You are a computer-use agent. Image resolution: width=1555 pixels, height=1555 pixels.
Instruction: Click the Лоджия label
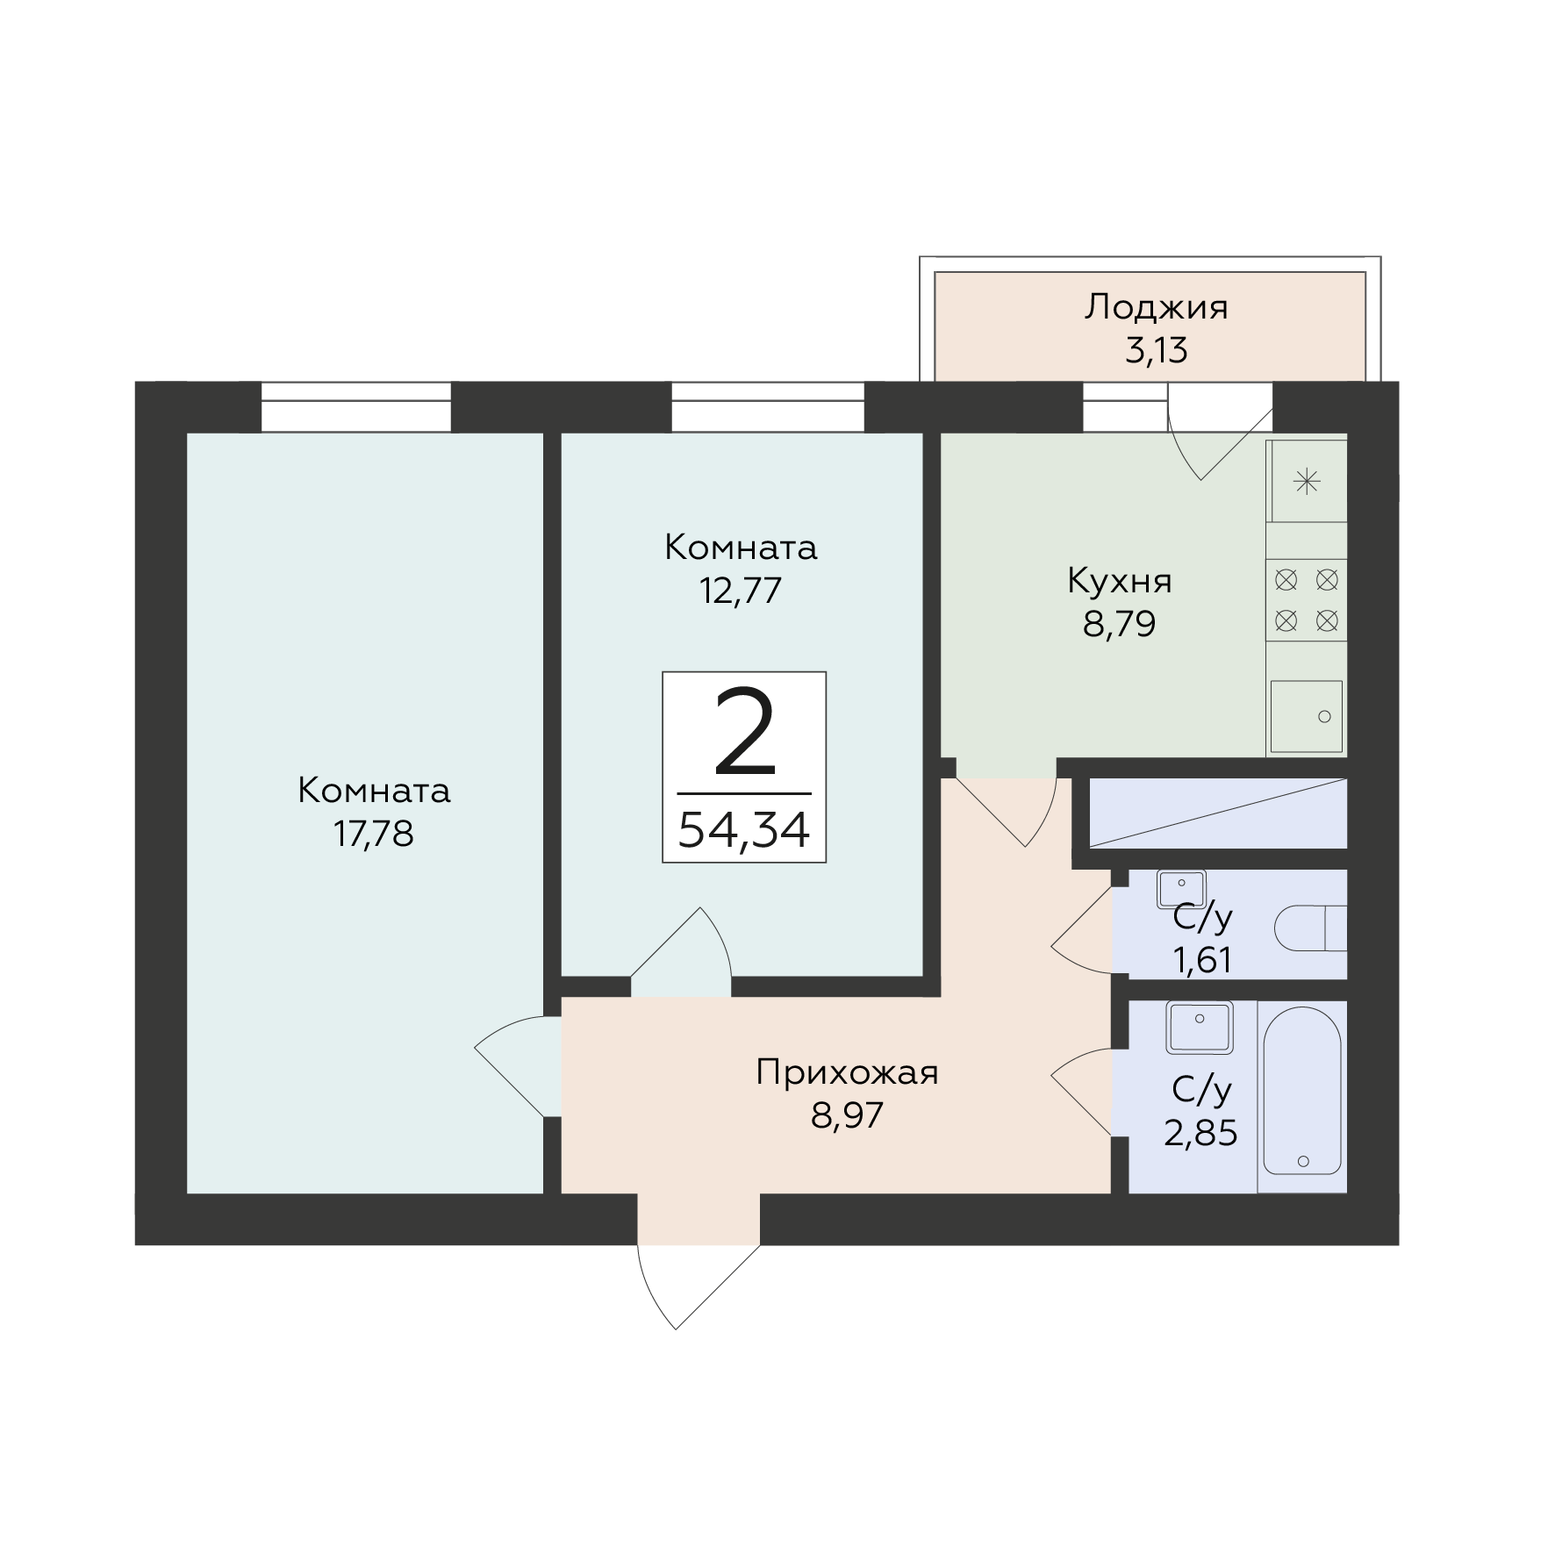coord(1156,307)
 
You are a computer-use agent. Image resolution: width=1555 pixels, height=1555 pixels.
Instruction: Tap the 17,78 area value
coord(373,834)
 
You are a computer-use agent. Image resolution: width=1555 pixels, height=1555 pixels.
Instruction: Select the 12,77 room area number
coord(740,591)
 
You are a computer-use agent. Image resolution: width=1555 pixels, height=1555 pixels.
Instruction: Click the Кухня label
coord(1119,581)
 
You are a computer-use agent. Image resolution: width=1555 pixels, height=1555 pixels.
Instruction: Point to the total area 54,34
coord(743,829)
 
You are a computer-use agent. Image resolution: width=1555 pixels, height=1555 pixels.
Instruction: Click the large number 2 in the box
coord(744,733)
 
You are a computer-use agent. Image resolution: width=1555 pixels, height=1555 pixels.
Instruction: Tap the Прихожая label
coord(847,1072)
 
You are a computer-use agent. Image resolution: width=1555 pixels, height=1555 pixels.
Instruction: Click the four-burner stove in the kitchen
coord(1306,600)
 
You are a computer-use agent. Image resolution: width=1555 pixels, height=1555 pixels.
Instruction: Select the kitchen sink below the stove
coord(1306,716)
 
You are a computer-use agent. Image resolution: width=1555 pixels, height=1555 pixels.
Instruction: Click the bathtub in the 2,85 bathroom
coord(1302,1091)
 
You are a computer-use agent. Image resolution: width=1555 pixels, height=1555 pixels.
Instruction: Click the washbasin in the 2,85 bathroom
coord(1199,1027)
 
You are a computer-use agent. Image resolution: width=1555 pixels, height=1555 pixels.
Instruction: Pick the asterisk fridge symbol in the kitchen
coord(1307,482)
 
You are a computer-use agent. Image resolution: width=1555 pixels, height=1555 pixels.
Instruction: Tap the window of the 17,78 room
coord(355,406)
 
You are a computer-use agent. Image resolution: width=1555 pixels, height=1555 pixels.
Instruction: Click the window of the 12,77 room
coord(768,406)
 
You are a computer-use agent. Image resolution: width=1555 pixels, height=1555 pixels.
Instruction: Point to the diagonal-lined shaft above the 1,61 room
coord(1217,813)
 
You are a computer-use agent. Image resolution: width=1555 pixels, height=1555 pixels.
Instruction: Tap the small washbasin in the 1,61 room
coord(1181,887)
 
